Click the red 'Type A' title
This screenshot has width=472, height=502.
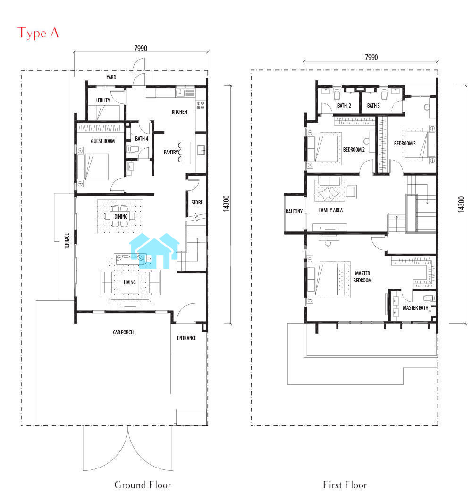[38, 33]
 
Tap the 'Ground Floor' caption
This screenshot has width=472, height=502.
[143, 485]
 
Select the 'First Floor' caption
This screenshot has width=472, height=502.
[345, 485]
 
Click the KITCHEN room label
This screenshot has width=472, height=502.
[179, 112]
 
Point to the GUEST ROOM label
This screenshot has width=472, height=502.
[103, 141]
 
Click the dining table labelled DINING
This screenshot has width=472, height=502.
[121, 216]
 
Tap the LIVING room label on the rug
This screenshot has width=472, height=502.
[130, 282]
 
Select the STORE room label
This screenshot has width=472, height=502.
[197, 202]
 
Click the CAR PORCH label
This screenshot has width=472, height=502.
[123, 332]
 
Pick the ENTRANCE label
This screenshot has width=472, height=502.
[187, 338]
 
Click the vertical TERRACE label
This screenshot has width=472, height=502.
[67, 241]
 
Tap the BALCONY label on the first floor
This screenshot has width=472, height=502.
[294, 211]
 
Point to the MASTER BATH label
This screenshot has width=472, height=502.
[415, 307]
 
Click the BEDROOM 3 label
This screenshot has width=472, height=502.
[405, 144]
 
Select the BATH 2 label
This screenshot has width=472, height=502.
[344, 106]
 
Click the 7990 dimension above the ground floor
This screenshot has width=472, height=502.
[141, 48]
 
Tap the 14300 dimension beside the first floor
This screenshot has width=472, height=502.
[461, 204]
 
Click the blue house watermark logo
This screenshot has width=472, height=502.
[154, 251]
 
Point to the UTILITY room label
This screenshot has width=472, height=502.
[103, 101]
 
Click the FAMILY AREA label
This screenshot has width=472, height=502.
[331, 210]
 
